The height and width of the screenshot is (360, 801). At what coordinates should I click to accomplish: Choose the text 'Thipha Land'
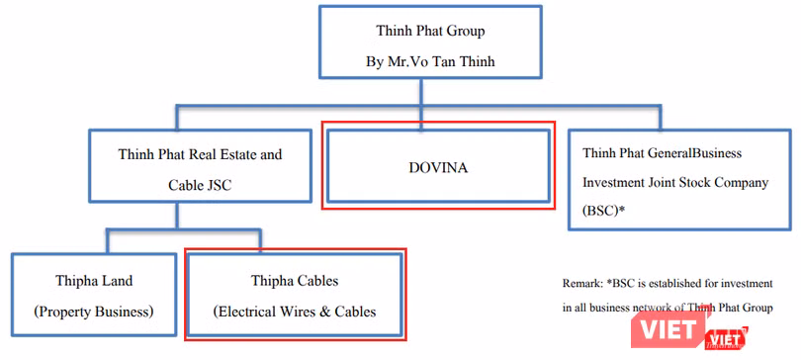click(x=93, y=282)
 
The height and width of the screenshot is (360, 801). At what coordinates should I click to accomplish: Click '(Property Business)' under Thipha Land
click(x=93, y=312)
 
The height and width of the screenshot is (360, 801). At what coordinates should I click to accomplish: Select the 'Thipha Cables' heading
click(x=295, y=282)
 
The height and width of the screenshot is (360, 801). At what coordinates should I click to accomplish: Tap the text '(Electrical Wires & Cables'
click(x=295, y=312)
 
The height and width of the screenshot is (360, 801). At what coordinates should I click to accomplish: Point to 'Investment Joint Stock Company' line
click(x=678, y=183)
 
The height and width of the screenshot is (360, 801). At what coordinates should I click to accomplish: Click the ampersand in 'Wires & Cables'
click(x=319, y=312)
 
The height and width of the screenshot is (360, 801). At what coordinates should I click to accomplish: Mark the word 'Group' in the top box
click(x=463, y=31)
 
